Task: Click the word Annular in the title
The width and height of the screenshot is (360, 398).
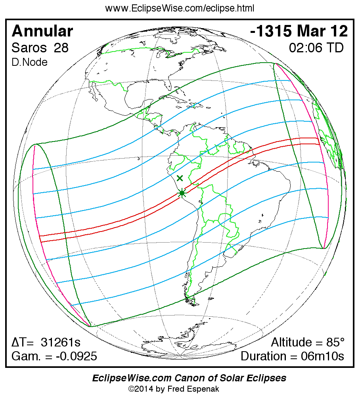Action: click(x=42, y=31)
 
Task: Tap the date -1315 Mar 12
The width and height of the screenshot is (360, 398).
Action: click(x=299, y=31)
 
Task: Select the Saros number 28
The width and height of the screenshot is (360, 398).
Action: click(x=61, y=48)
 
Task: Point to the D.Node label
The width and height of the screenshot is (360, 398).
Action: click(x=30, y=62)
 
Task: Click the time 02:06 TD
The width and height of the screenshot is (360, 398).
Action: click(x=316, y=48)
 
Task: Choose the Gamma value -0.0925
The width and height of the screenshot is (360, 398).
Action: click(x=76, y=356)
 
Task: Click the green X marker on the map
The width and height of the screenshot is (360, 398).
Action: click(x=180, y=178)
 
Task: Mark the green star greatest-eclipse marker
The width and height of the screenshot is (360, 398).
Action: click(x=182, y=193)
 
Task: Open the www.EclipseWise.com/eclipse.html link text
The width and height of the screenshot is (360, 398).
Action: click(x=180, y=8)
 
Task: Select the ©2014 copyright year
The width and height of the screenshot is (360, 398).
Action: click(x=142, y=389)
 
